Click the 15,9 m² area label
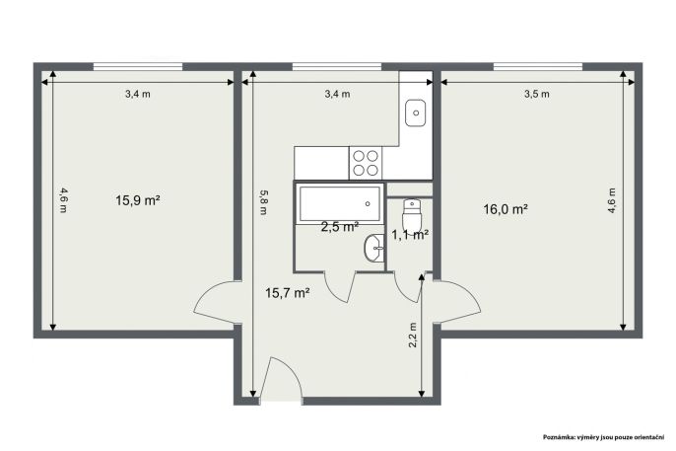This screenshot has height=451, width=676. click(138, 200)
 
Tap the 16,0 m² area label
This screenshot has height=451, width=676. click(507, 209)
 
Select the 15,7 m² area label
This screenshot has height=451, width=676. click(288, 293)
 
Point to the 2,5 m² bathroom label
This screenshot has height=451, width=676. click(340, 227)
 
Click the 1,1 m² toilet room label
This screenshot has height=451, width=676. click(410, 235)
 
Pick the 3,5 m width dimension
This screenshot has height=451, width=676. click(537, 94)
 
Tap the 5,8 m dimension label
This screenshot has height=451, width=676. click(263, 202)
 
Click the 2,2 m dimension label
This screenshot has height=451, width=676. click(413, 335)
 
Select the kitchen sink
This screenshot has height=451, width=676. click(416, 113)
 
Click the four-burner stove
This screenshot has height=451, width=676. click(366, 163)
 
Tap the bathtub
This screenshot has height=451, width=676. click(339, 203)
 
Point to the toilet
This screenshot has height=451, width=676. click(412, 214)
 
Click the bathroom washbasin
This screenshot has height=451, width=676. click(373, 248)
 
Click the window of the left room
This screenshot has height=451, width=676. click(138, 66)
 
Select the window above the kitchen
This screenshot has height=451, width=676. click(337, 66)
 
